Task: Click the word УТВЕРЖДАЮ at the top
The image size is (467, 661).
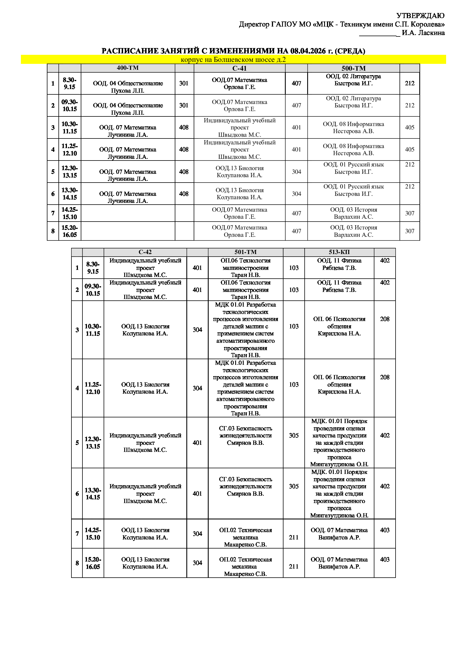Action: click(420, 16)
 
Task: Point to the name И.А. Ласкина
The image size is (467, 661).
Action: click(423, 33)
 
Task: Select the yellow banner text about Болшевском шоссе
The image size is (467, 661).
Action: click(233, 60)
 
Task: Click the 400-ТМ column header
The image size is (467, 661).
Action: click(128, 68)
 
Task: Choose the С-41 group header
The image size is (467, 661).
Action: click(239, 68)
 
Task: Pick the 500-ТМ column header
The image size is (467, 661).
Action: click(353, 68)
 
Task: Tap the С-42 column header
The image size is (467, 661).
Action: click(145, 252)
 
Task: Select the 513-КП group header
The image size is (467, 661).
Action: click(339, 252)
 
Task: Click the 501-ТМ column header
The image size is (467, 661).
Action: click(245, 252)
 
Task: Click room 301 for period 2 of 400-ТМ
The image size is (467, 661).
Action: click(184, 105)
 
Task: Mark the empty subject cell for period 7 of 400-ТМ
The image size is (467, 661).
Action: click(128, 213)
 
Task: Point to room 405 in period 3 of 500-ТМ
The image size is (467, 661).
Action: click(409, 127)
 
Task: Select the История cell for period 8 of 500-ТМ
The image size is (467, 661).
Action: click(353, 231)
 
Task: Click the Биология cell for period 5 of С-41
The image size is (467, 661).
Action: click(239, 172)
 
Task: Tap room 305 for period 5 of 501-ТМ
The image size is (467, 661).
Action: click(294, 435)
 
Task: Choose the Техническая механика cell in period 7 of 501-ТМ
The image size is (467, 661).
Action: click(245, 537)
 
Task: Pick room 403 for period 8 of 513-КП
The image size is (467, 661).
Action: click(385, 559)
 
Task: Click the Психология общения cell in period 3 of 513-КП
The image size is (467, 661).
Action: click(339, 326)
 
